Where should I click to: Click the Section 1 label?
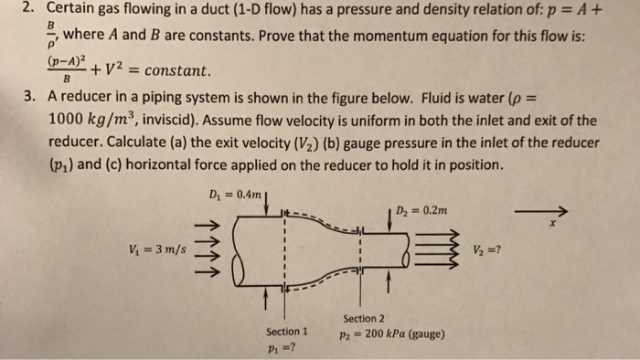point(286,330)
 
